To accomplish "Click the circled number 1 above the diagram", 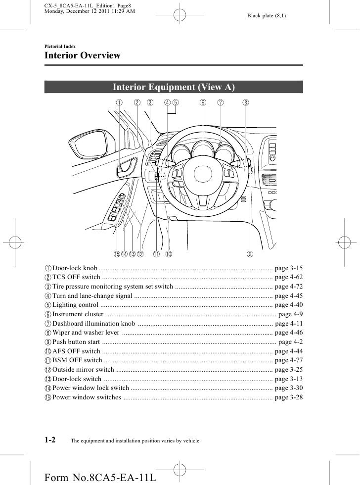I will (120, 103).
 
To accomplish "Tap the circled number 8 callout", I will (246, 103).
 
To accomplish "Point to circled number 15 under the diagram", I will (116, 254).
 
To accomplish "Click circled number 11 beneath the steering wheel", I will (156, 254).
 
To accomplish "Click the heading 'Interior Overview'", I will (83, 55).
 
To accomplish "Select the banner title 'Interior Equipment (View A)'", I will (173, 88).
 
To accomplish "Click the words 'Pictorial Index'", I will (60, 45).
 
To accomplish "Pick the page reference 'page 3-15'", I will (288, 267).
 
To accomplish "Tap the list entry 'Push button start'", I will (76, 342).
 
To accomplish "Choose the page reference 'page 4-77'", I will (288, 360).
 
